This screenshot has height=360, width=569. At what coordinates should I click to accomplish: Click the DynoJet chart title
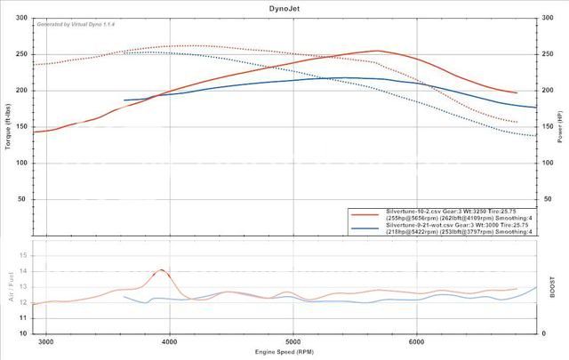284,6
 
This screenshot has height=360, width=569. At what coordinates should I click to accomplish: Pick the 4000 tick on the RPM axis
170,340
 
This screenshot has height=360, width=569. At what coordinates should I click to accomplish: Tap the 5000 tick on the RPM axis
293,340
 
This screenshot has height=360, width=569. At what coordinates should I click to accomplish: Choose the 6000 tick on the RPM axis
416,340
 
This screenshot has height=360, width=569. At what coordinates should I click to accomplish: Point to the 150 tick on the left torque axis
21,126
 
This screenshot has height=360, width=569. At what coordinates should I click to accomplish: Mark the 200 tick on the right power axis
547,90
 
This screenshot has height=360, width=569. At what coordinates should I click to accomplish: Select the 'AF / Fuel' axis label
9,286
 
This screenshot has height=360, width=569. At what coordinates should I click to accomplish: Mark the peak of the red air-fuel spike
162,269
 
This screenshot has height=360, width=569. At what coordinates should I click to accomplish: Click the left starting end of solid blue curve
124,100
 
